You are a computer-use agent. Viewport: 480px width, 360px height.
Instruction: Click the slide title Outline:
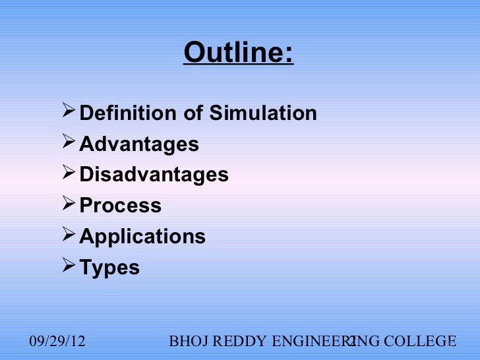coord(238,53)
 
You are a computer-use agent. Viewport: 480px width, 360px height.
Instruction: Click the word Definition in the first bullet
coord(129,113)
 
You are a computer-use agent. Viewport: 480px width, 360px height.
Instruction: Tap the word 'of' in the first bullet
coord(193,113)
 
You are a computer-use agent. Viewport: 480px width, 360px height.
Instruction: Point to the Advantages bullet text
coord(139,144)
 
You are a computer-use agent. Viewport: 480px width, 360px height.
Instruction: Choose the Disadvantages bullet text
coord(154,175)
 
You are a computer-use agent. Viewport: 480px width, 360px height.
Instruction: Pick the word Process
coord(121,206)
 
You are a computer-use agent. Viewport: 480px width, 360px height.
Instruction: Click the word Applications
coord(142,236)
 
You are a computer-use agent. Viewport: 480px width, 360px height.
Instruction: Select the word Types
coord(109,268)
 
